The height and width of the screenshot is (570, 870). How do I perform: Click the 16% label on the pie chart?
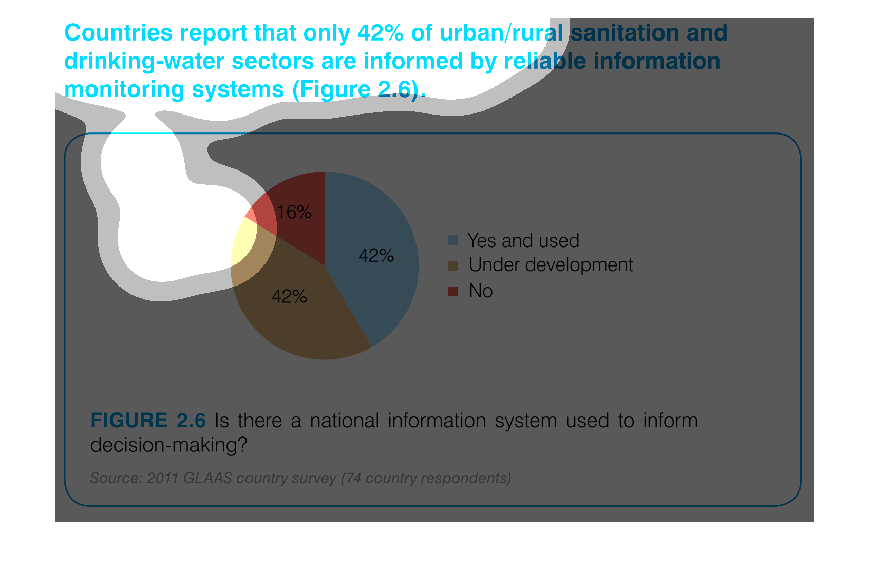294,213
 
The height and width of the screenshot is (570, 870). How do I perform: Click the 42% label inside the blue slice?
376,256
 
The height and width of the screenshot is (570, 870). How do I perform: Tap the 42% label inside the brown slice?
289,297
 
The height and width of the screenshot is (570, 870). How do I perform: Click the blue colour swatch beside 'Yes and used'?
453,240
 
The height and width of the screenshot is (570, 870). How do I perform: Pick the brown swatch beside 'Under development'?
453,266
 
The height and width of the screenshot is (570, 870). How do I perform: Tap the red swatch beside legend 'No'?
453,291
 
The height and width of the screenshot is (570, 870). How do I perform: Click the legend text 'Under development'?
551,265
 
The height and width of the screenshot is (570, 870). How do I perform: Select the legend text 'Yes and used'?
523,240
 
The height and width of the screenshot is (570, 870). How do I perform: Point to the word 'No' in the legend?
481,291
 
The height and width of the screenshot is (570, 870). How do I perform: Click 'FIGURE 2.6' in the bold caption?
148,421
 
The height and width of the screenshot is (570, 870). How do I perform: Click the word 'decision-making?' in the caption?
169,445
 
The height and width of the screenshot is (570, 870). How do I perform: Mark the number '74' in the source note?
353,478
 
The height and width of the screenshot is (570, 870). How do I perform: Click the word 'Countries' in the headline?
119,32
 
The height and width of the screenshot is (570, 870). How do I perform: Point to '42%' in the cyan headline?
381,32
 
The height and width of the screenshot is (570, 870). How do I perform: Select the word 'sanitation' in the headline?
625,32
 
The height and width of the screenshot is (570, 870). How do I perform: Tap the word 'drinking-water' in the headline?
144,61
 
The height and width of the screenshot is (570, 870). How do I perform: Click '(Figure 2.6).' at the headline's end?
359,90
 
